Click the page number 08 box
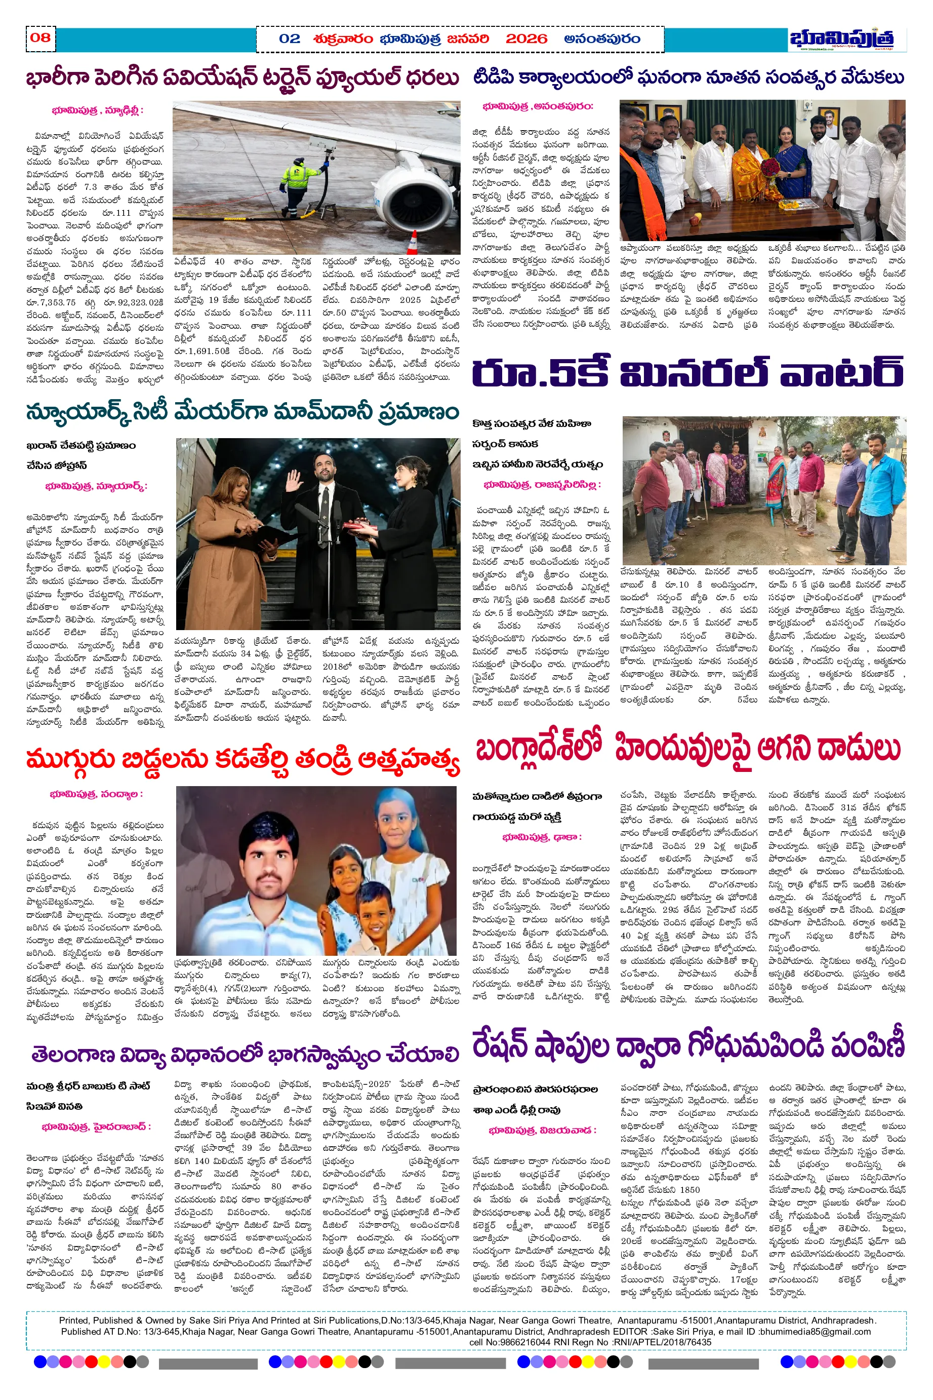click(40, 38)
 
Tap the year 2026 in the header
click(526, 40)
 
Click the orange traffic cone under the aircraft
click(414, 242)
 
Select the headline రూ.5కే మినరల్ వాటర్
click(688, 374)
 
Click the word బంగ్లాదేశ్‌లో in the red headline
click(539, 750)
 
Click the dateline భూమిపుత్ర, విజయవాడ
click(542, 1131)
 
